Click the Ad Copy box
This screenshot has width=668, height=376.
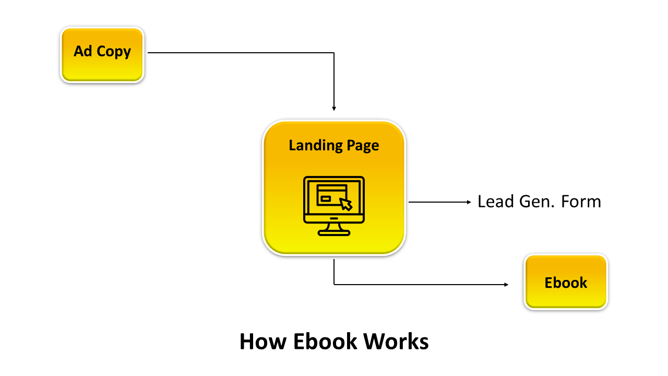(102, 55)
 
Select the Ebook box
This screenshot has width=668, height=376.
(566, 282)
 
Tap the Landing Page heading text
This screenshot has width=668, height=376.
(333, 145)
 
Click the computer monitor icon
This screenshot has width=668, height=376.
(334, 206)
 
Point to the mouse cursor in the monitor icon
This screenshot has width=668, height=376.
(345, 203)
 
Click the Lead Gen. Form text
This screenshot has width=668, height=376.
(539, 202)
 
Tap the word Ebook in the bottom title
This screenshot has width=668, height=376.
(325, 342)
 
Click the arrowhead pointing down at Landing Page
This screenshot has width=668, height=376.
(334, 109)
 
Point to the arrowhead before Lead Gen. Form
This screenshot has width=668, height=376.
(469, 202)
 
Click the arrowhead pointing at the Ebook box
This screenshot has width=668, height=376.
(506, 285)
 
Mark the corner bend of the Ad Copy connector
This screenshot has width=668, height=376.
(334, 52)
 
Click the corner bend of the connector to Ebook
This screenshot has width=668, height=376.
(334, 285)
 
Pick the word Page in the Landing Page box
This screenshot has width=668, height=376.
(362, 145)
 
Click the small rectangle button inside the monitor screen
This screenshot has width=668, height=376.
(326, 198)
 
